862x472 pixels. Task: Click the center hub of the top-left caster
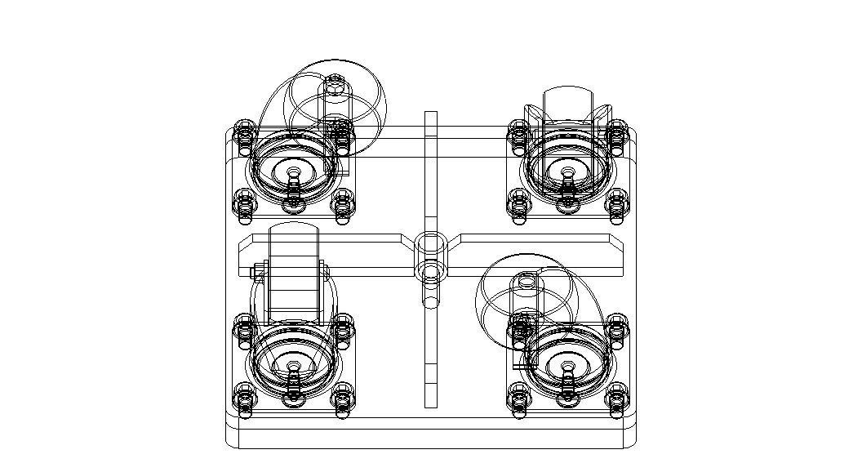[294, 173]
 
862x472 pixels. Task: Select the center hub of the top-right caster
[567, 173]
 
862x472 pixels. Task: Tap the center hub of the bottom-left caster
[294, 365]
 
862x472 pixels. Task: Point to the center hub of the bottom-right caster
[567, 365]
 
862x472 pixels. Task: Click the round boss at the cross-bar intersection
[430, 244]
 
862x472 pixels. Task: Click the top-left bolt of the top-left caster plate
[244, 131]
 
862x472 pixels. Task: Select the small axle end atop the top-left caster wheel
[335, 82]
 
